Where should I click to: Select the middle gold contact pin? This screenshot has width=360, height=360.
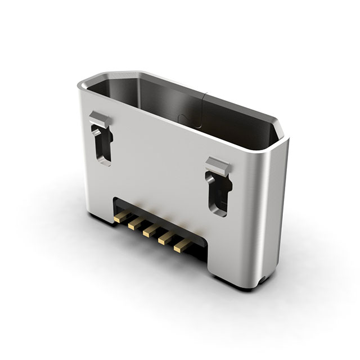150,230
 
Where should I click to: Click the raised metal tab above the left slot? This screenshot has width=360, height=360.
100,119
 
